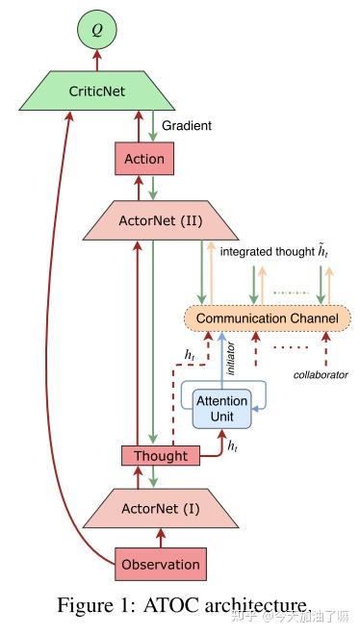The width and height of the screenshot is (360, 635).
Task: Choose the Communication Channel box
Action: (x=267, y=317)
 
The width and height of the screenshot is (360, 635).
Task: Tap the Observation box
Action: (x=161, y=564)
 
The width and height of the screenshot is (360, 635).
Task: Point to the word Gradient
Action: (x=188, y=126)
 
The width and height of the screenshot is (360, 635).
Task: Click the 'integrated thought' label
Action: (x=270, y=251)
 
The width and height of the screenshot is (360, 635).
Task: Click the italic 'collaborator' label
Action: (x=321, y=373)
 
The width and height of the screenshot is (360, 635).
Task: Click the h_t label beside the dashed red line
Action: (x=191, y=354)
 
